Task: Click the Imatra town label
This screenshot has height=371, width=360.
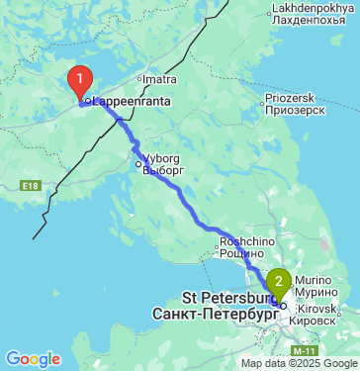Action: (158, 77)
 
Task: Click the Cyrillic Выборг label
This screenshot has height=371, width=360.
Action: (164, 169)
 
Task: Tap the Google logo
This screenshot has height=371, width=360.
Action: (33, 358)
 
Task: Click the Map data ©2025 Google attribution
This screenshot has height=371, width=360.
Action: (298, 364)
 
